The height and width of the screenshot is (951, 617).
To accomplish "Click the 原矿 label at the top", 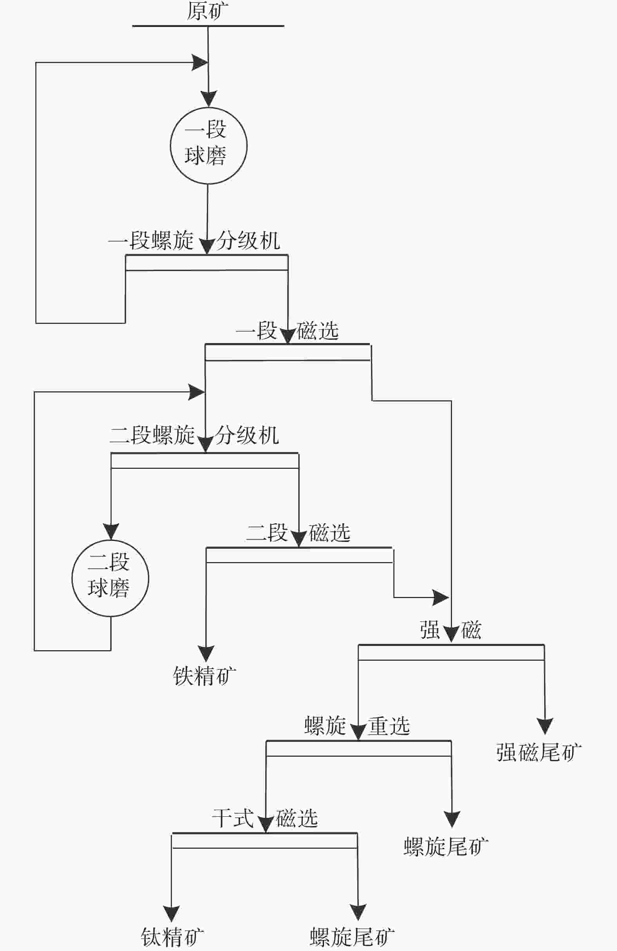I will tap(208, 11).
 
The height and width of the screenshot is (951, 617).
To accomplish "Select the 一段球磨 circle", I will tap(208, 146).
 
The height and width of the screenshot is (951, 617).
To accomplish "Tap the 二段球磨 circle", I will tap(110, 578).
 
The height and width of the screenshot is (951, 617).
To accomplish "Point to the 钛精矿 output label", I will tap(172, 937).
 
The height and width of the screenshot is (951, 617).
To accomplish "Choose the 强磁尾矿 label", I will tap(539, 753).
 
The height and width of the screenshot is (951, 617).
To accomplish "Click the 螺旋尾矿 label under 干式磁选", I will tap(352, 937).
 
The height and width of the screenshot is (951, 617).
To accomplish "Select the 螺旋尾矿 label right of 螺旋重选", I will tap(446, 847).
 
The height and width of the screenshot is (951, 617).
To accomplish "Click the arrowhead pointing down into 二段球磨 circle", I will tap(111, 532).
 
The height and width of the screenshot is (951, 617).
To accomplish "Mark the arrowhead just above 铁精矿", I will tap(206, 653).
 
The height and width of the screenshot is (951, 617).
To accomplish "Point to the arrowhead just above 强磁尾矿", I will tap(545, 726).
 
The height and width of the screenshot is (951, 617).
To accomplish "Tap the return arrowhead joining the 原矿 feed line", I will tap(200, 63).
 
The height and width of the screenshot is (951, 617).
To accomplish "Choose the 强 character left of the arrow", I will tap(430, 630).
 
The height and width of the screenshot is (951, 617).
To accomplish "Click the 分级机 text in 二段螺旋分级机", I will tap(247, 435).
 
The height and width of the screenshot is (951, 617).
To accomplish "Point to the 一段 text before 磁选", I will tap(256, 331).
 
